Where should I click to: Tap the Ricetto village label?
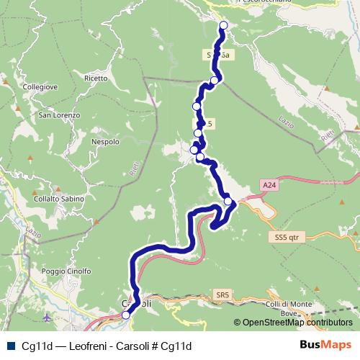96,78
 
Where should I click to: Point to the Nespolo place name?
105,142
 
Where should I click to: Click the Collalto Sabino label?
59,199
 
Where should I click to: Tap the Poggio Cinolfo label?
66,271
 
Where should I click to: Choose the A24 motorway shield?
269,186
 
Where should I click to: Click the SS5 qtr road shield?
286,236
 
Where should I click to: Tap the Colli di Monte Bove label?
289,307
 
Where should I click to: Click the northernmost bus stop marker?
223,25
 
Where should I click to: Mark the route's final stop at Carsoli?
126,315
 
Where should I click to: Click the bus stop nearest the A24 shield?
228,201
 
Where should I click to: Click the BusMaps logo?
325,345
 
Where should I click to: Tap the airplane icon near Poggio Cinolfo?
48,318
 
